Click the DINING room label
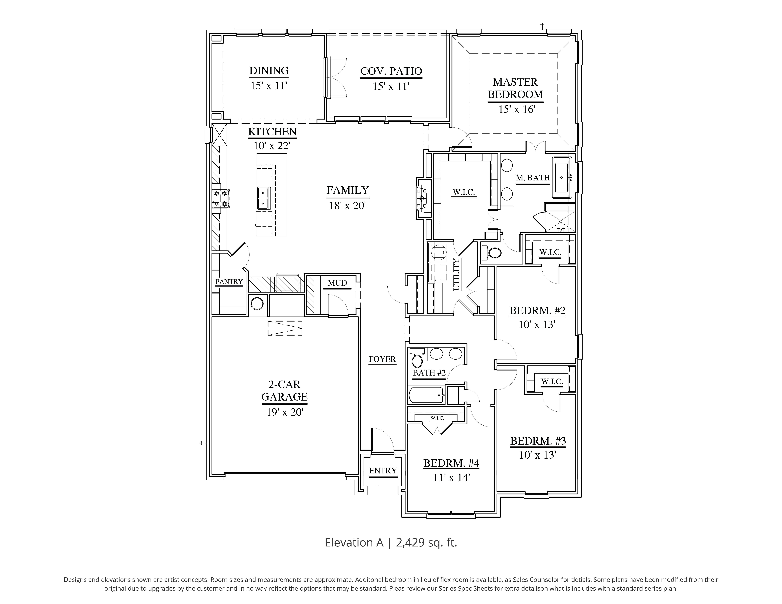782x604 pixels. pyautogui.click(x=269, y=71)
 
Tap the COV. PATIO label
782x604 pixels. pyautogui.click(x=391, y=71)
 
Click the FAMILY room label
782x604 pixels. pyautogui.click(x=347, y=190)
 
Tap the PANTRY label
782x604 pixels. pyautogui.click(x=229, y=282)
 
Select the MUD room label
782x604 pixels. pyautogui.click(x=337, y=283)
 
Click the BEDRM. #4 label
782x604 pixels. pyautogui.click(x=451, y=463)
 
